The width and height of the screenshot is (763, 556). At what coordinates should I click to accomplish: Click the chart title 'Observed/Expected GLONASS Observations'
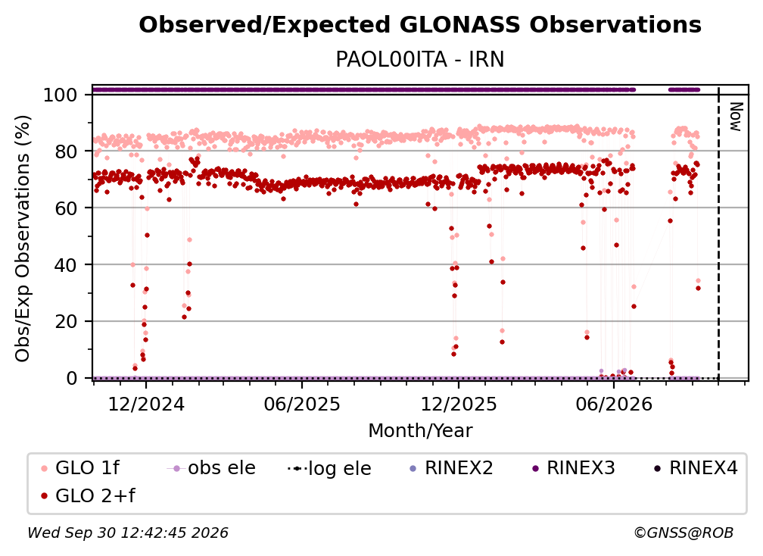[420, 25]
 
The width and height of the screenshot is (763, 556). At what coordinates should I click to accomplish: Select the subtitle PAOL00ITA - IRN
[420, 59]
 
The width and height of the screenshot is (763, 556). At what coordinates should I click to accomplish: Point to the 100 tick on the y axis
[61, 95]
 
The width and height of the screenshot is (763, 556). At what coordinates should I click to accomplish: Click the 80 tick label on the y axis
[66, 151]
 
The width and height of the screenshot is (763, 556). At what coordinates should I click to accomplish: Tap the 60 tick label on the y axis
[66, 208]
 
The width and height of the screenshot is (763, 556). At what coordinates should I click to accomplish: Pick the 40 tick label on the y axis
[66, 265]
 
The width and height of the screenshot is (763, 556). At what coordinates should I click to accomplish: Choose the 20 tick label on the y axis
[66, 322]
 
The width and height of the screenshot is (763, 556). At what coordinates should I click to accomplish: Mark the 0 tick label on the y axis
[72, 378]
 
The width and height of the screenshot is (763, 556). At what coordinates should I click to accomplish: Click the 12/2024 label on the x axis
[146, 405]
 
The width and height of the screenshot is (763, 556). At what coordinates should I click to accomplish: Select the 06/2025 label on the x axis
[302, 405]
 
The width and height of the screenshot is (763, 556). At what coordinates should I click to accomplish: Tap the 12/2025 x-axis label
[459, 405]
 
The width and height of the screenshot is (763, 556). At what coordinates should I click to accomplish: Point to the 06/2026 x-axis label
[614, 405]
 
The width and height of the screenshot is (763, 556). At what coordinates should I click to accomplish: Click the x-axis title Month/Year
[420, 431]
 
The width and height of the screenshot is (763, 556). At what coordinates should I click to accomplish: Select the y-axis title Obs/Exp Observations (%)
[23, 238]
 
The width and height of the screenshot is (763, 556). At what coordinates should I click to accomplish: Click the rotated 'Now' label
[736, 117]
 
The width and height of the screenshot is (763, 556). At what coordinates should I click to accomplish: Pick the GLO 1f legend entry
[80, 468]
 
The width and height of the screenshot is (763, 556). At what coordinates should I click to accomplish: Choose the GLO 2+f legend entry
[88, 495]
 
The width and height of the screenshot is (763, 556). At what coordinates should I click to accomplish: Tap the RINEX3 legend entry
[574, 468]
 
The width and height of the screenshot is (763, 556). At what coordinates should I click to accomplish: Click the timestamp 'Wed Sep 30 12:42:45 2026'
[128, 533]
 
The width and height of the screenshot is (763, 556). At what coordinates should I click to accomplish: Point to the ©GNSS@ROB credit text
[684, 533]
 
